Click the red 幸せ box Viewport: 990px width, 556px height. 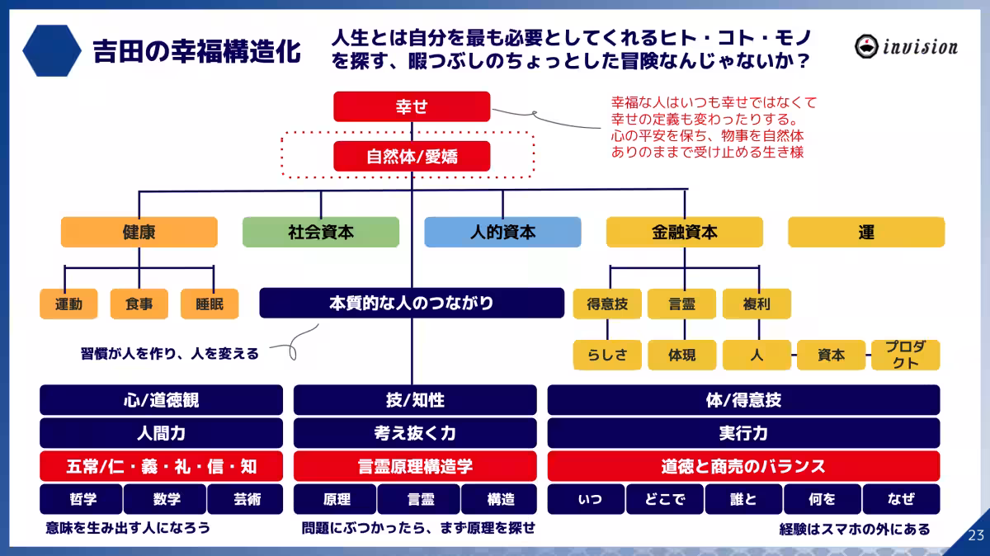coord(412,106)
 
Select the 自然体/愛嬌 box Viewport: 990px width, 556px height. coord(412,156)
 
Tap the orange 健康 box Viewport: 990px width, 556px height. coord(139,233)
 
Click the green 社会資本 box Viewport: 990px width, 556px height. coord(321,233)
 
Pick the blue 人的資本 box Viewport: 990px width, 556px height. coord(502,233)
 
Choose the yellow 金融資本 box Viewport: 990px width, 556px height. coord(684,233)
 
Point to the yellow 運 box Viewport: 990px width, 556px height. coord(865,233)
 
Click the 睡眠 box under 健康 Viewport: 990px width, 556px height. coord(210,304)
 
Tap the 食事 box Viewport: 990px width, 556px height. coord(139,304)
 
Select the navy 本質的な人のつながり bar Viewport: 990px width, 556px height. coord(412,303)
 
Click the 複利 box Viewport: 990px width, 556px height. coord(757,304)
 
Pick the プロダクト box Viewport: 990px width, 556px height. coord(905,355)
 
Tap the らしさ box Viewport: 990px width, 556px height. coord(607,355)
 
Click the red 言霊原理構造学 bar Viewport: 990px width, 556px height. coord(415,466)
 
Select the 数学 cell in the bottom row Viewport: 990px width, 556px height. coord(166,499)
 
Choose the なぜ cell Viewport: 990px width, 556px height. coord(901,499)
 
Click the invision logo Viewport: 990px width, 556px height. coord(906,46)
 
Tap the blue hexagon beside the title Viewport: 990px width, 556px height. coord(51,50)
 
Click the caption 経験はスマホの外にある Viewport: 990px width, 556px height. coord(854,529)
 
